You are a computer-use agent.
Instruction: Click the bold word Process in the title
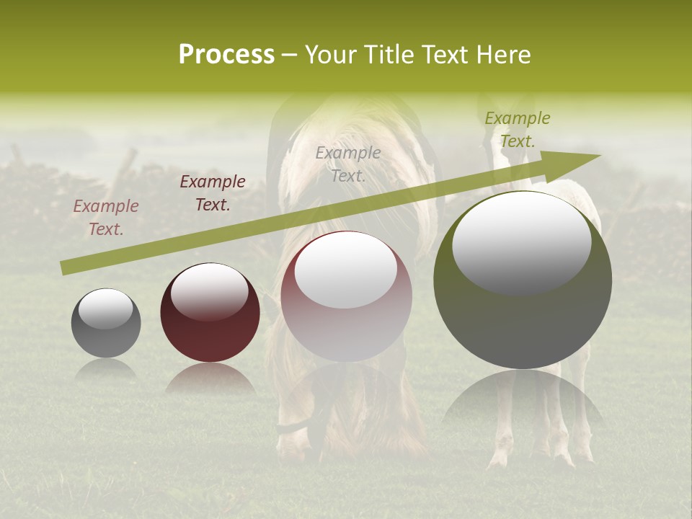(x=226, y=55)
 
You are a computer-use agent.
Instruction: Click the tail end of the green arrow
(x=66, y=268)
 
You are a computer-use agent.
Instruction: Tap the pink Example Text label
(x=106, y=217)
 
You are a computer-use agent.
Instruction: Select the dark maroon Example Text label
(x=213, y=192)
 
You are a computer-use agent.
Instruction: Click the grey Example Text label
(x=348, y=164)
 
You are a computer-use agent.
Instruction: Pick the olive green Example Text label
(x=517, y=129)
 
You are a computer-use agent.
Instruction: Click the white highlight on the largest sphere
(x=521, y=242)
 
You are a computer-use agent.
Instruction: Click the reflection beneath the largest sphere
(x=523, y=400)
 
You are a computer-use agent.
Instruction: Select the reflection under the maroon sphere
(x=210, y=378)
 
